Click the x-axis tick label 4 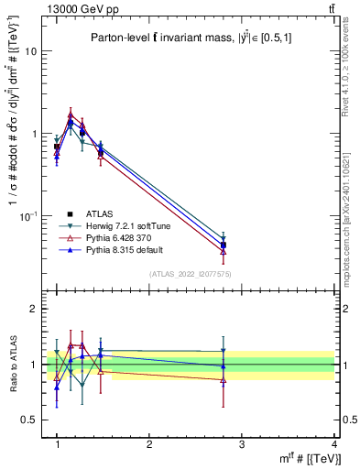333,443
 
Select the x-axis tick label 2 149,443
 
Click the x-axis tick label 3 242,443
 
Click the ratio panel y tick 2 32,309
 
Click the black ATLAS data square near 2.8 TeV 224,245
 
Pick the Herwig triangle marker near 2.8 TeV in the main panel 224,237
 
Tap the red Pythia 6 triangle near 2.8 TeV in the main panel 224,252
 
